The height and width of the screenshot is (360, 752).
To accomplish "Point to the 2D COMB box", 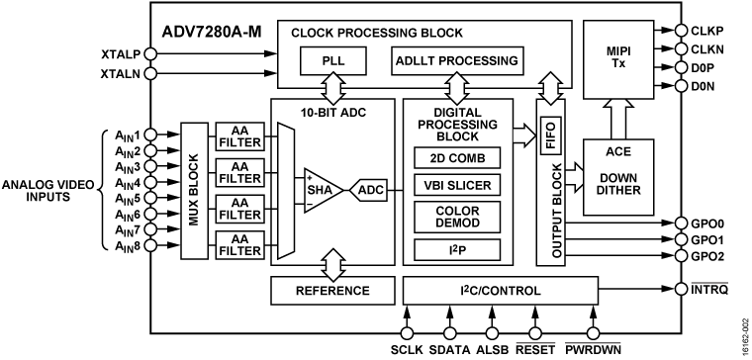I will (457, 158).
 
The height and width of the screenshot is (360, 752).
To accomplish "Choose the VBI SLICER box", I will (457, 186).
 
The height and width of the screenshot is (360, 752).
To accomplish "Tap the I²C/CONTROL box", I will (501, 291).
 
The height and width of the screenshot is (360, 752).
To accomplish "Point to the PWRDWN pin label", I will (594, 348).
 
